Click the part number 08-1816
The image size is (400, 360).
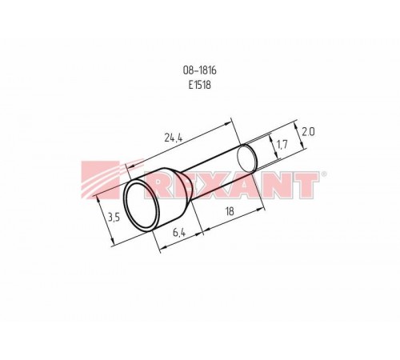pyautogui.click(x=199, y=70)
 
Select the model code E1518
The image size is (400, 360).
pyautogui.click(x=200, y=85)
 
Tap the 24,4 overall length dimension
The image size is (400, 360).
pyautogui.click(x=174, y=138)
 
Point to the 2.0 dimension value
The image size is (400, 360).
pyautogui.click(x=308, y=132)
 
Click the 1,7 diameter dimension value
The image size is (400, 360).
pyautogui.click(x=282, y=145)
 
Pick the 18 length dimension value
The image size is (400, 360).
pyautogui.click(x=230, y=211)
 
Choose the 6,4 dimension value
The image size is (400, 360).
pyautogui.click(x=179, y=233)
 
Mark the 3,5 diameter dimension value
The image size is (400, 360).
pyautogui.click(x=114, y=218)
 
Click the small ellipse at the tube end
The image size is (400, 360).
pyautogui.click(x=246, y=158)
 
